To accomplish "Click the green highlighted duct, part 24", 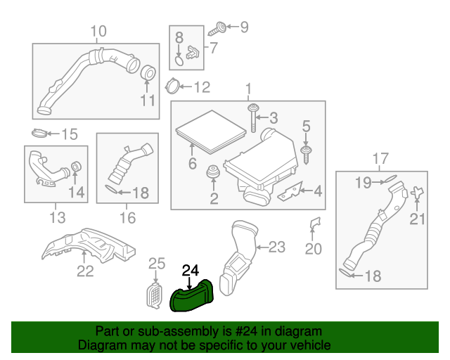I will (193, 296).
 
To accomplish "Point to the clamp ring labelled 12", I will (171, 87).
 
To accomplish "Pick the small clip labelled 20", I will (314, 224).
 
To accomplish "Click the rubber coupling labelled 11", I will (148, 72).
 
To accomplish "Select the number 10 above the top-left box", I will (98, 31).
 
